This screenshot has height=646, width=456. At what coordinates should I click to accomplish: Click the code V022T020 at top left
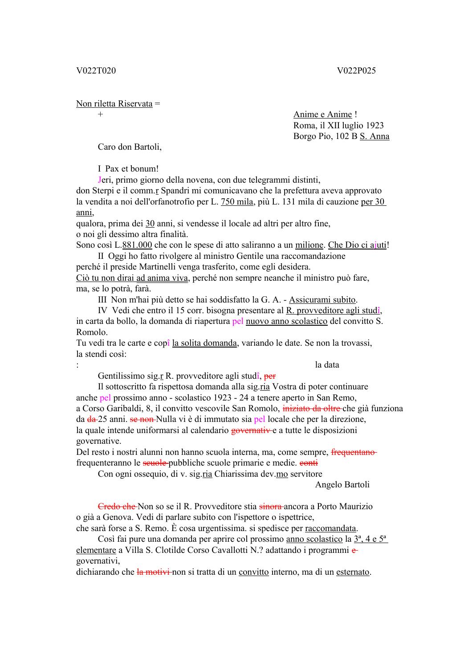point(96,70)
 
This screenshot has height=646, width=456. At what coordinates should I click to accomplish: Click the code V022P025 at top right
point(356,70)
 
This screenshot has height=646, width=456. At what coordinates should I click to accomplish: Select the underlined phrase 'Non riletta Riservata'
point(114,104)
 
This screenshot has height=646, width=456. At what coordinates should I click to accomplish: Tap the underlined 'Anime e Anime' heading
point(322,114)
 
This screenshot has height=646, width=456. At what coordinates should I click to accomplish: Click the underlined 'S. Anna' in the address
point(375,136)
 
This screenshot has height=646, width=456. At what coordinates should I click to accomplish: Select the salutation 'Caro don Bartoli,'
point(130,147)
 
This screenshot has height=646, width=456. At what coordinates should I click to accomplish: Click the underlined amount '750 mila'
point(237,201)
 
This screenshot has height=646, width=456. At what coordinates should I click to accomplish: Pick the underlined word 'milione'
point(309,245)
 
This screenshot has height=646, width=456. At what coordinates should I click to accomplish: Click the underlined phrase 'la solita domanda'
point(204,343)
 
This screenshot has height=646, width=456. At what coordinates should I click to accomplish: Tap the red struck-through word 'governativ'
point(252,430)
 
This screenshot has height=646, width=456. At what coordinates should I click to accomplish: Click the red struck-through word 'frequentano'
point(354,452)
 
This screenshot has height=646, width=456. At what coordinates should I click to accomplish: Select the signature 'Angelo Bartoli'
point(342,485)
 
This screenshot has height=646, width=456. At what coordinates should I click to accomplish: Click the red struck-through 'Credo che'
point(117,507)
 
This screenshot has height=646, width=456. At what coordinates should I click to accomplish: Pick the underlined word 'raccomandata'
point(330,528)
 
